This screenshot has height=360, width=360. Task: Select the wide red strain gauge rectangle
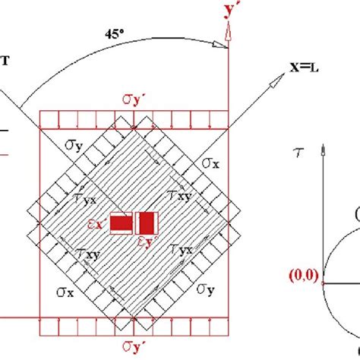[x=120, y=223]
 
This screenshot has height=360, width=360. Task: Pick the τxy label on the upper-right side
[x=180, y=197]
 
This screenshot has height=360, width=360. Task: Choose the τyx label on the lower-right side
[x=180, y=251]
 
